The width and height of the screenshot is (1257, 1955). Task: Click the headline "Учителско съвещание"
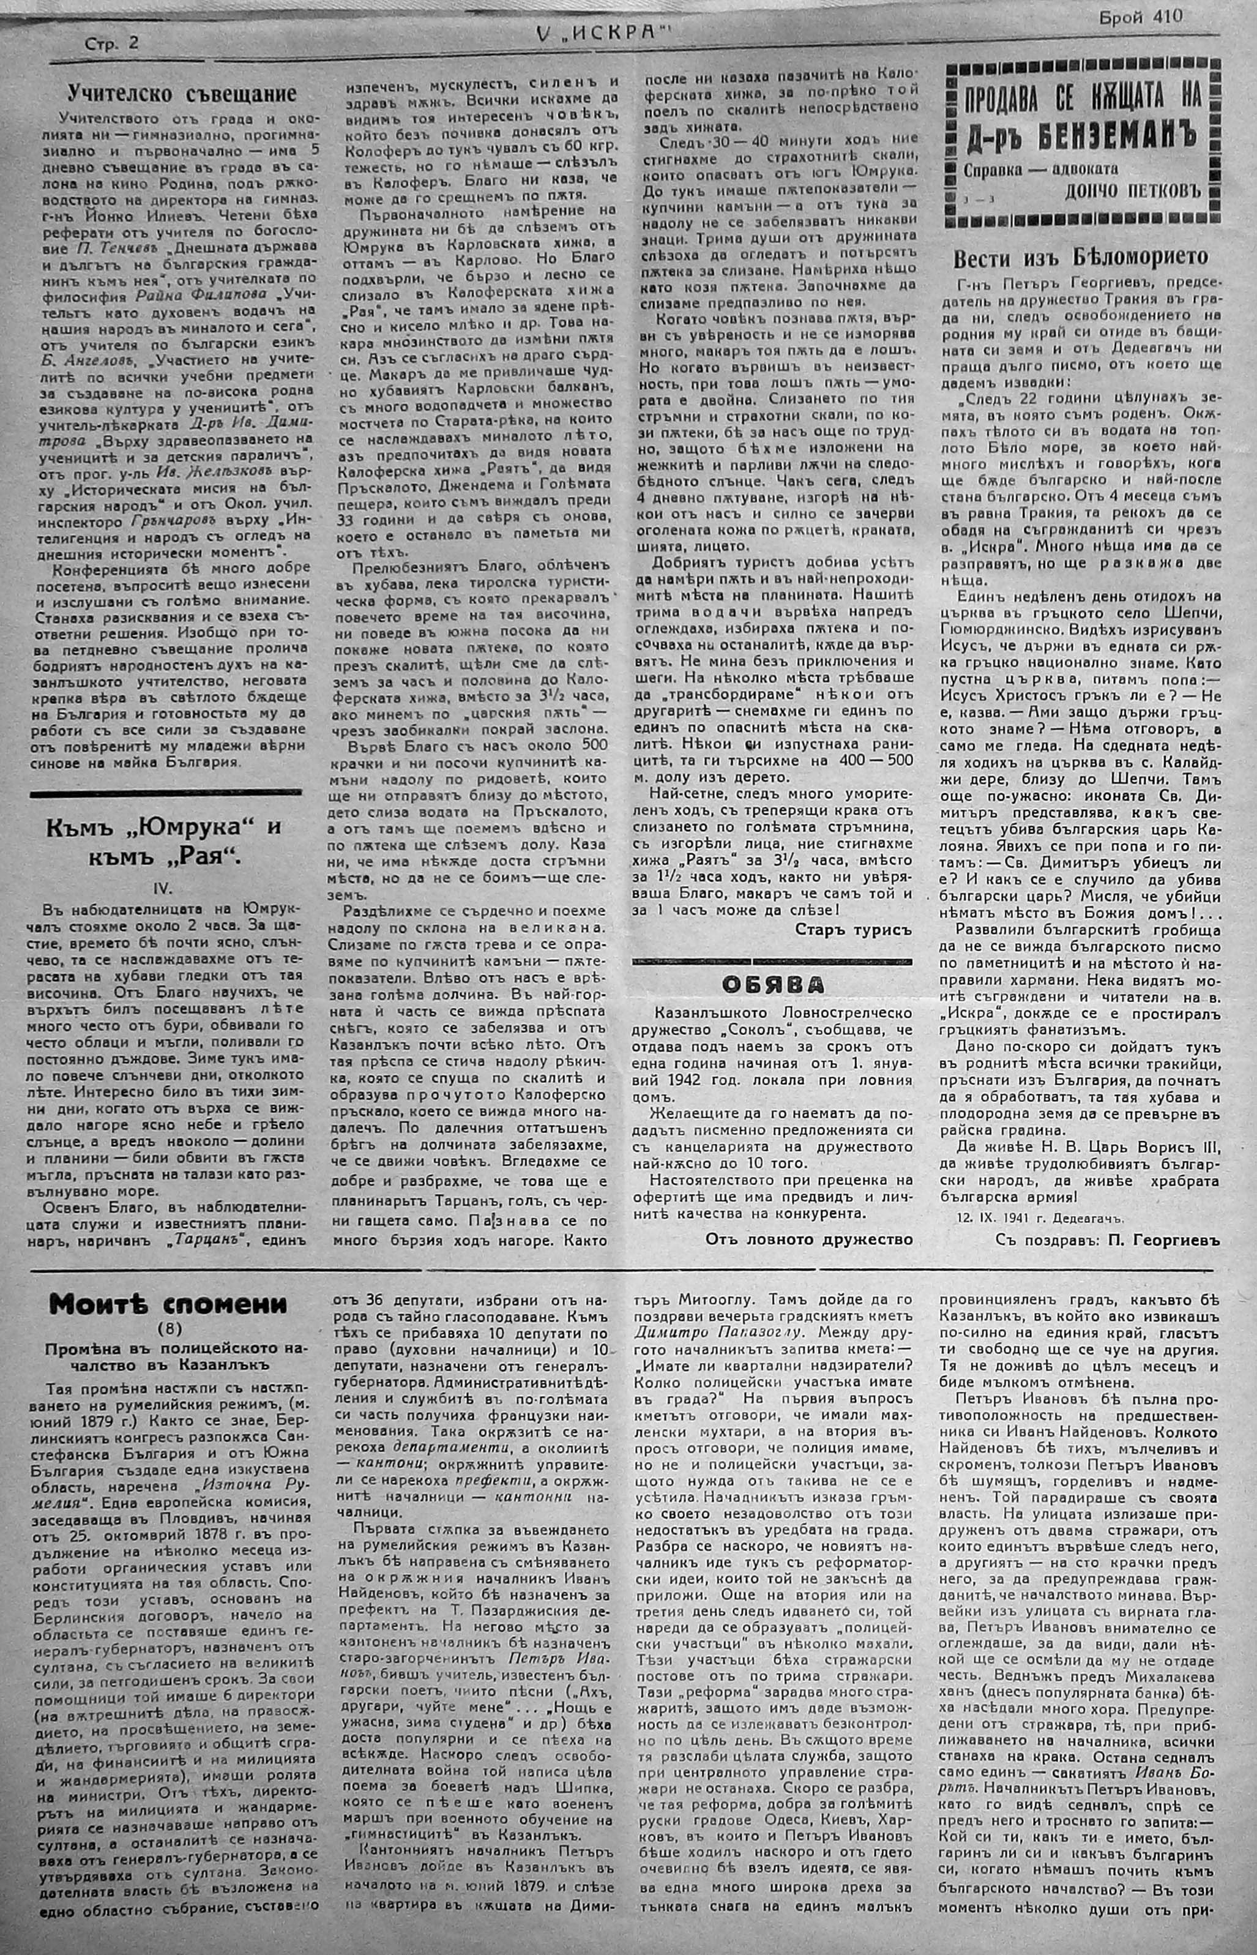[x=181, y=94]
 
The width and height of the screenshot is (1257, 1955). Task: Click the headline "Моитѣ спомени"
[x=168, y=1304]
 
